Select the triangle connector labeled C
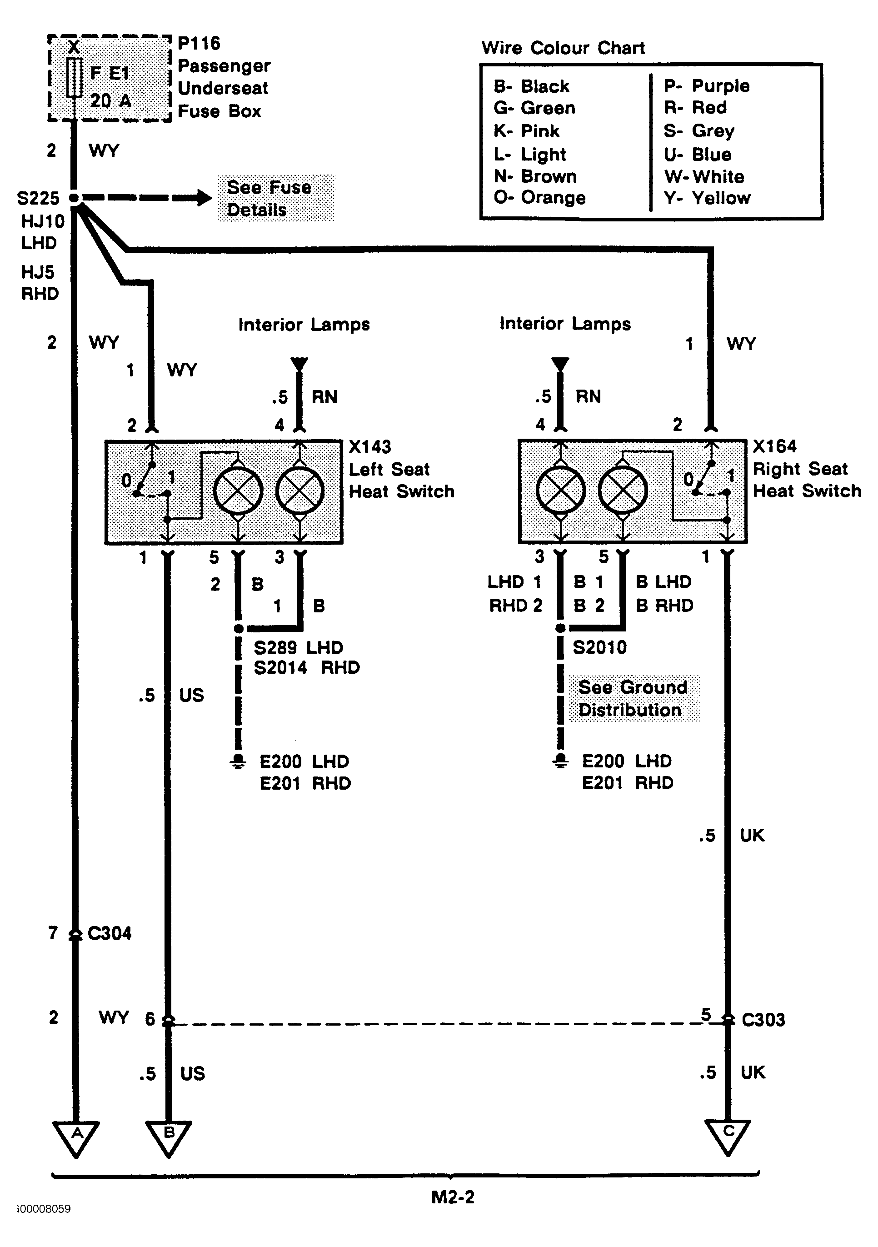tap(728, 1137)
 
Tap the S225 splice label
tap(38, 198)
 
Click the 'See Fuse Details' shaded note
tap(276, 198)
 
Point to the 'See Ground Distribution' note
tap(634, 698)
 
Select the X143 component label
tap(369, 447)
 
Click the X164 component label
tap(774, 446)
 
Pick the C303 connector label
tap(763, 1020)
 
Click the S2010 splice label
tap(599, 647)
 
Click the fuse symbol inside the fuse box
tap(75, 78)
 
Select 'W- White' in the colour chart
tap(703, 176)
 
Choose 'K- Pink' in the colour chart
tap(526, 131)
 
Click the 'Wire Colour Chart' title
tap(563, 48)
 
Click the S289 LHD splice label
tap(299, 647)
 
